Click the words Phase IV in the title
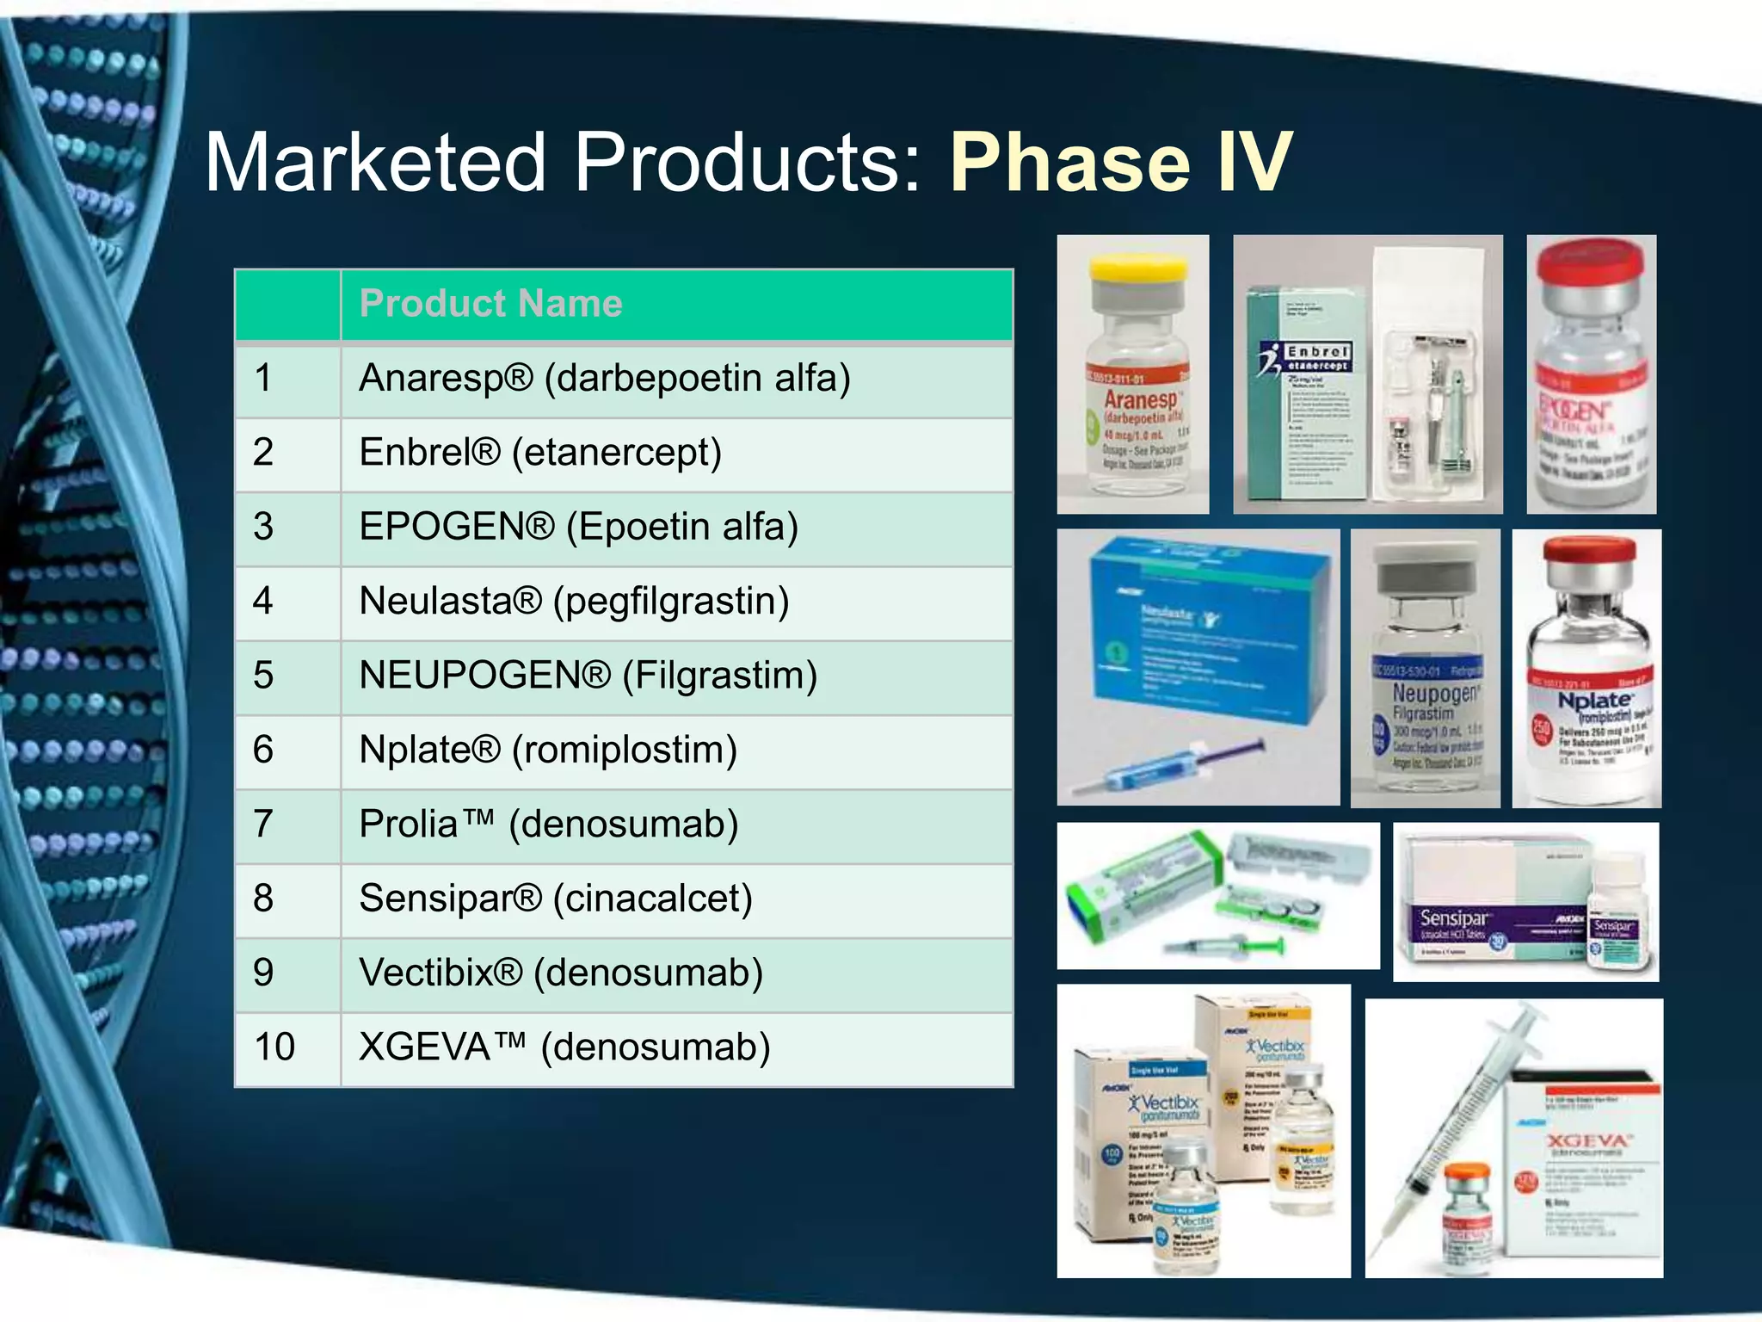1120,162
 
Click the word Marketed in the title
375,162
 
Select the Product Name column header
490,304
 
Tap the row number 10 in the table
274,1047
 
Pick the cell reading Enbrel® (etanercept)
540,453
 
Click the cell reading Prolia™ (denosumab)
549,825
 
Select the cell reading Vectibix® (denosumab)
561,973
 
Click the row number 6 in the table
263,750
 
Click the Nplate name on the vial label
1593,701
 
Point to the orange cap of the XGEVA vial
1466,1174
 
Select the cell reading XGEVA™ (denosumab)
564,1047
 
